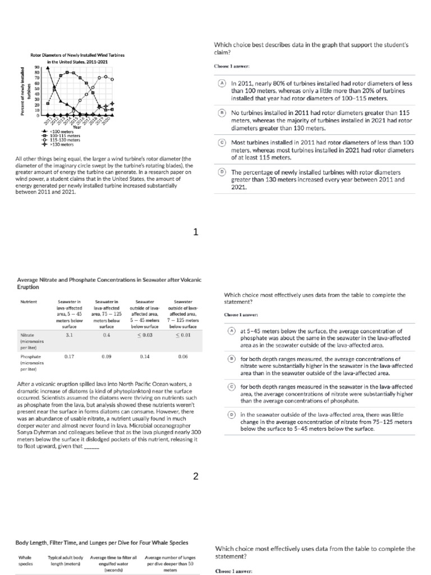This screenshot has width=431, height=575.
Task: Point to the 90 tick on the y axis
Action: tap(37, 66)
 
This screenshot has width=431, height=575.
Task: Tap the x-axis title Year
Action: tap(77, 127)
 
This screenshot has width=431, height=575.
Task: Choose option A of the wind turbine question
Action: tap(222, 83)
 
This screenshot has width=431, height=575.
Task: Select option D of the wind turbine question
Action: tap(222, 172)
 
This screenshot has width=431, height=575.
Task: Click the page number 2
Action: tap(196, 477)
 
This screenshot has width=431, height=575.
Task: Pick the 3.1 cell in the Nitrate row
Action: tap(70, 335)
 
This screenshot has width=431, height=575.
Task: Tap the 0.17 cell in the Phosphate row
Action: tap(70, 357)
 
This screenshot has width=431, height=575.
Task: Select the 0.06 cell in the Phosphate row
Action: tap(183, 357)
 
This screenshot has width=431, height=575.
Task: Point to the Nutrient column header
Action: tap(28, 302)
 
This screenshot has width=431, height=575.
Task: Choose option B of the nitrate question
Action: tap(231, 359)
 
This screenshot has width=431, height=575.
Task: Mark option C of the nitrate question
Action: tap(231, 387)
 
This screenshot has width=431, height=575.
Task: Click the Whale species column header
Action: tap(25, 560)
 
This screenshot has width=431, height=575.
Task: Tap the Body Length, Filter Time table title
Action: tap(102, 542)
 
